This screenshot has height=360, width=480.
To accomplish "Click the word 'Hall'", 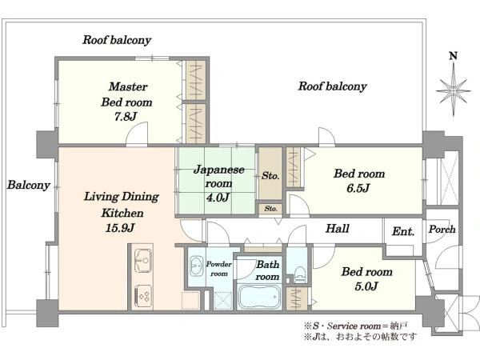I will click(338, 229).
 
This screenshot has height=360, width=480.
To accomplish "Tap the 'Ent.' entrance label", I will click(402, 232).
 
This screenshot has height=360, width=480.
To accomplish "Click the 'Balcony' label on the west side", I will click(29, 185).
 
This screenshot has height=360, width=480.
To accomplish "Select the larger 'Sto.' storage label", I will click(270, 175).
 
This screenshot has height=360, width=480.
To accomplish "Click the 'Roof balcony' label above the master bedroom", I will click(117, 40).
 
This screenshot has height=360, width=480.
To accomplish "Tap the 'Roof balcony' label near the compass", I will click(333, 86).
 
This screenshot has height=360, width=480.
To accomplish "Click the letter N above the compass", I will click(453, 56).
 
